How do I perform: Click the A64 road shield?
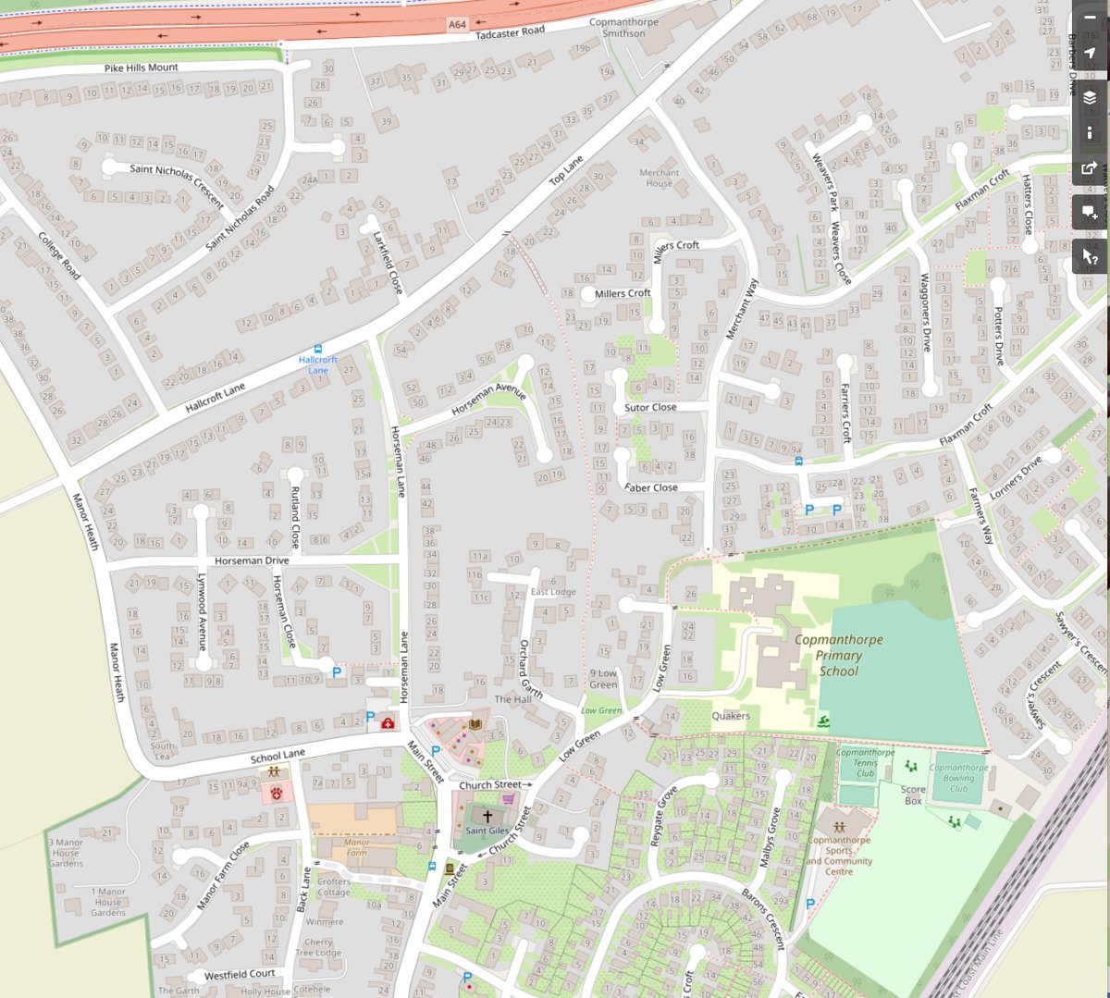tap(457, 25)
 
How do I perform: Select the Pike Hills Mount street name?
tap(141, 68)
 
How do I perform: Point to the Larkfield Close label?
tap(388, 263)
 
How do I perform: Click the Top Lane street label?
tap(566, 170)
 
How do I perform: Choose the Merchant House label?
tap(659, 178)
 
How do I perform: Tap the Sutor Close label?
tap(650, 407)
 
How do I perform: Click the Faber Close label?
tap(651, 487)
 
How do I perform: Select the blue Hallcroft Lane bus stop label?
tap(318, 364)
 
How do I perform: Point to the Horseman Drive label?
tap(252, 561)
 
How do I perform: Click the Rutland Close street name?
tap(296, 517)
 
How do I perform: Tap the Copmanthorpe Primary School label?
tap(838, 655)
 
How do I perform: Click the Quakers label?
tap(731, 716)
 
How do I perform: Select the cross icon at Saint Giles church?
tap(487, 817)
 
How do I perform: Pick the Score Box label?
tap(913, 795)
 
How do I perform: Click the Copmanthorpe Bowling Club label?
tap(958, 778)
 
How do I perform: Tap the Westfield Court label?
tap(240, 975)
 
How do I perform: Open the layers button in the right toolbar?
tap(1090, 97)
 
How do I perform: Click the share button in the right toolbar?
tap(1090, 169)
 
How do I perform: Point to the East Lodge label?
tap(553, 592)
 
